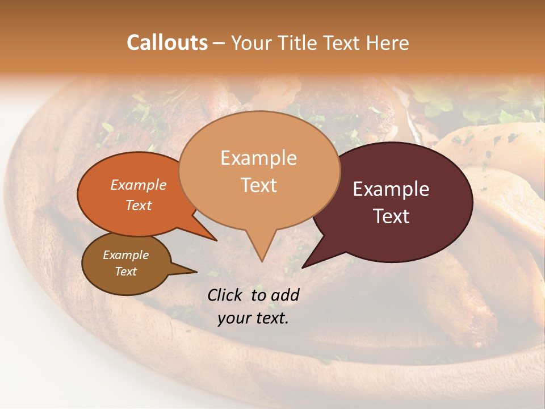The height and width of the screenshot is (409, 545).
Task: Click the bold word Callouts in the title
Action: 167,43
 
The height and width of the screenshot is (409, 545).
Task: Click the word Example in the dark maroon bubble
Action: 391,189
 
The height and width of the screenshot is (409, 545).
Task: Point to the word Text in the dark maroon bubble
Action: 391,216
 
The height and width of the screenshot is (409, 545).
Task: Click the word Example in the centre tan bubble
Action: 258,158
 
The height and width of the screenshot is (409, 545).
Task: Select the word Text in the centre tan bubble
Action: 258,185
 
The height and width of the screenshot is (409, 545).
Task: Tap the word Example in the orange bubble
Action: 139,185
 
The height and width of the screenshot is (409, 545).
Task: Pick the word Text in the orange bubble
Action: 139,205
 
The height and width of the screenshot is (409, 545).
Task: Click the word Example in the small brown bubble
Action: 125,255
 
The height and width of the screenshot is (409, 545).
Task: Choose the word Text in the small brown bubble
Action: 125,272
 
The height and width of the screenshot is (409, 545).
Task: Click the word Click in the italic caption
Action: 226,295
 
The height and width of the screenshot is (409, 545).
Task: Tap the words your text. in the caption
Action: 253,318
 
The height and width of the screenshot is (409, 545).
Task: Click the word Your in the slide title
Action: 251,43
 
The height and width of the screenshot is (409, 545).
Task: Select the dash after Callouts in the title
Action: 220,43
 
